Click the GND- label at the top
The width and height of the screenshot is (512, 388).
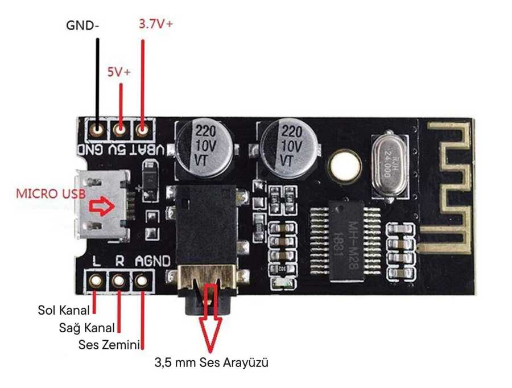coord(83,26)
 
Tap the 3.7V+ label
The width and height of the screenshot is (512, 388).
coord(155,24)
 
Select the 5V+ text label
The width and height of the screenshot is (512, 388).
coord(119,73)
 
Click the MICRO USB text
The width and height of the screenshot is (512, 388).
coord(51,193)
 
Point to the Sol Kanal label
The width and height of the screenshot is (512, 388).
coord(64,310)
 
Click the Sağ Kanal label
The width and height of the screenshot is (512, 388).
coord(87,328)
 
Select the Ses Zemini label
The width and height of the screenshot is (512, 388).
coord(109,345)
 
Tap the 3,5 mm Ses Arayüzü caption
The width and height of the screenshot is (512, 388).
coord(211,362)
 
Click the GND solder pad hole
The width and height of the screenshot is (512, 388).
coord(98,130)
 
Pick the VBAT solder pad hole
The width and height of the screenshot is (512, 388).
coord(142,130)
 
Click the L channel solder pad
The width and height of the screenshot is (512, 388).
coord(96,280)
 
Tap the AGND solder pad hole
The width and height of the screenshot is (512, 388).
coord(141,280)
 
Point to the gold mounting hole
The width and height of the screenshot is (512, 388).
coord(345,166)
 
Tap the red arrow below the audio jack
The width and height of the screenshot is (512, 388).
coord(210,319)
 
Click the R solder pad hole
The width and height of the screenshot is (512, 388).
coord(119,280)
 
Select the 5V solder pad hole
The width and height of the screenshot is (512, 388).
coord(120,130)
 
